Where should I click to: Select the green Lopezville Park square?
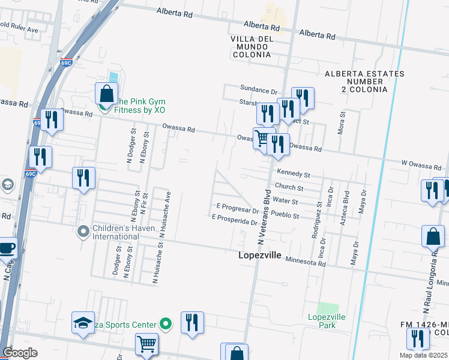pyautogui.click(x=324, y=308)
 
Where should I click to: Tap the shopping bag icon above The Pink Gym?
pyautogui.click(x=106, y=94)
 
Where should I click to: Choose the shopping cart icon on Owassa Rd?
pyautogui.click(x=262, y=138)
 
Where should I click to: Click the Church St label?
pyautogui.click(x=289, y=188)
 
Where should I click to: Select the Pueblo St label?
pyautogui.click(x=285, y=215)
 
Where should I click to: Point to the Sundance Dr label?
pyautogui.click(x=258, y=91)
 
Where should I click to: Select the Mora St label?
pyautogui.click(x=343, y=122)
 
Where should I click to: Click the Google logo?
pyautogui.click(x=20, y=353)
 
